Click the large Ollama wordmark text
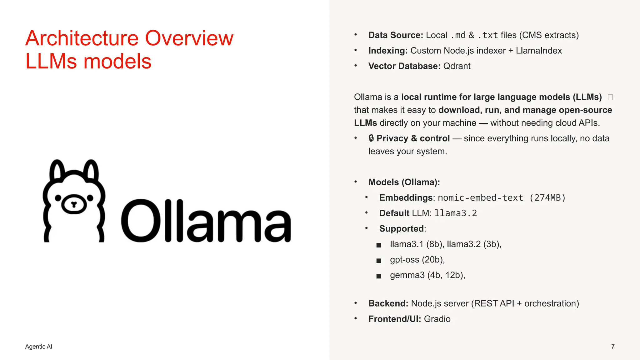tap(206, 221)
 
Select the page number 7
tap(613, 347)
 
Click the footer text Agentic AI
tap(39, 347)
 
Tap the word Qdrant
tap(457, 66)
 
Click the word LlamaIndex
tap(539, 51)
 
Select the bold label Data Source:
tap(396, 35)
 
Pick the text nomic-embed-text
tap(480, 198)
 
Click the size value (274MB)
tap(547, 198)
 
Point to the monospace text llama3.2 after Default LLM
tap(456, 213)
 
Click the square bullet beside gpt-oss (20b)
tap(379, 260)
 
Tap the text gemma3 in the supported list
tap(407, 275)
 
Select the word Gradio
tap(437, 319)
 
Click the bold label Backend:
tap(388, 303)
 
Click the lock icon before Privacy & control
tap(371, 138)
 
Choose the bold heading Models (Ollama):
tap(404, 182)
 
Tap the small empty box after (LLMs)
tap(610, 97)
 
